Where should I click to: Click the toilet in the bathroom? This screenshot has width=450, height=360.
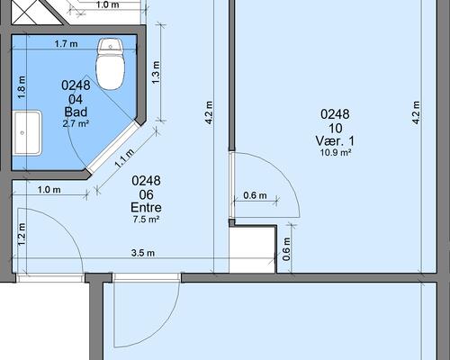111,64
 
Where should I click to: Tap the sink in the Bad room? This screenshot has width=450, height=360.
26,133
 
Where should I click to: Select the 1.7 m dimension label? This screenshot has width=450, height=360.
67,44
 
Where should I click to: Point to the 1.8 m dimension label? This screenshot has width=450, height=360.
22,87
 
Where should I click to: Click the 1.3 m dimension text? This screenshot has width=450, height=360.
156,73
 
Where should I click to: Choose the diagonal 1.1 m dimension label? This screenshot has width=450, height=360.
124,158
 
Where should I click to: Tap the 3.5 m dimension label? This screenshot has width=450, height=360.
143,253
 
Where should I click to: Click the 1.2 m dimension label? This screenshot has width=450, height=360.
22,234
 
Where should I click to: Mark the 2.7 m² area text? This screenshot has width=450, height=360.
76,123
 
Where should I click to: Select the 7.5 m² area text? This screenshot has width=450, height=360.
146,220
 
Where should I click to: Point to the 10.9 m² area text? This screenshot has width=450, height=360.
336,152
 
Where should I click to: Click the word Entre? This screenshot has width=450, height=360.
146,207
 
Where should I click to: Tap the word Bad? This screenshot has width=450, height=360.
76,112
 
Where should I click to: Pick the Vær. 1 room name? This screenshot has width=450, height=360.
335,140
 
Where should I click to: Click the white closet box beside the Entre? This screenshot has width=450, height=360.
252,249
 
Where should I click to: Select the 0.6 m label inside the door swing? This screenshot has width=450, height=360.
255,195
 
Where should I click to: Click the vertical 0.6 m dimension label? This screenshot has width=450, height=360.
286,248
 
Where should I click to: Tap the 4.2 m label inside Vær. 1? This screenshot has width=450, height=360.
416,112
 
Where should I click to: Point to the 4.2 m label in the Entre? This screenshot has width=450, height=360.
209,112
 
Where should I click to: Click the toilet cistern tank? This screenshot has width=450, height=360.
111,45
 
